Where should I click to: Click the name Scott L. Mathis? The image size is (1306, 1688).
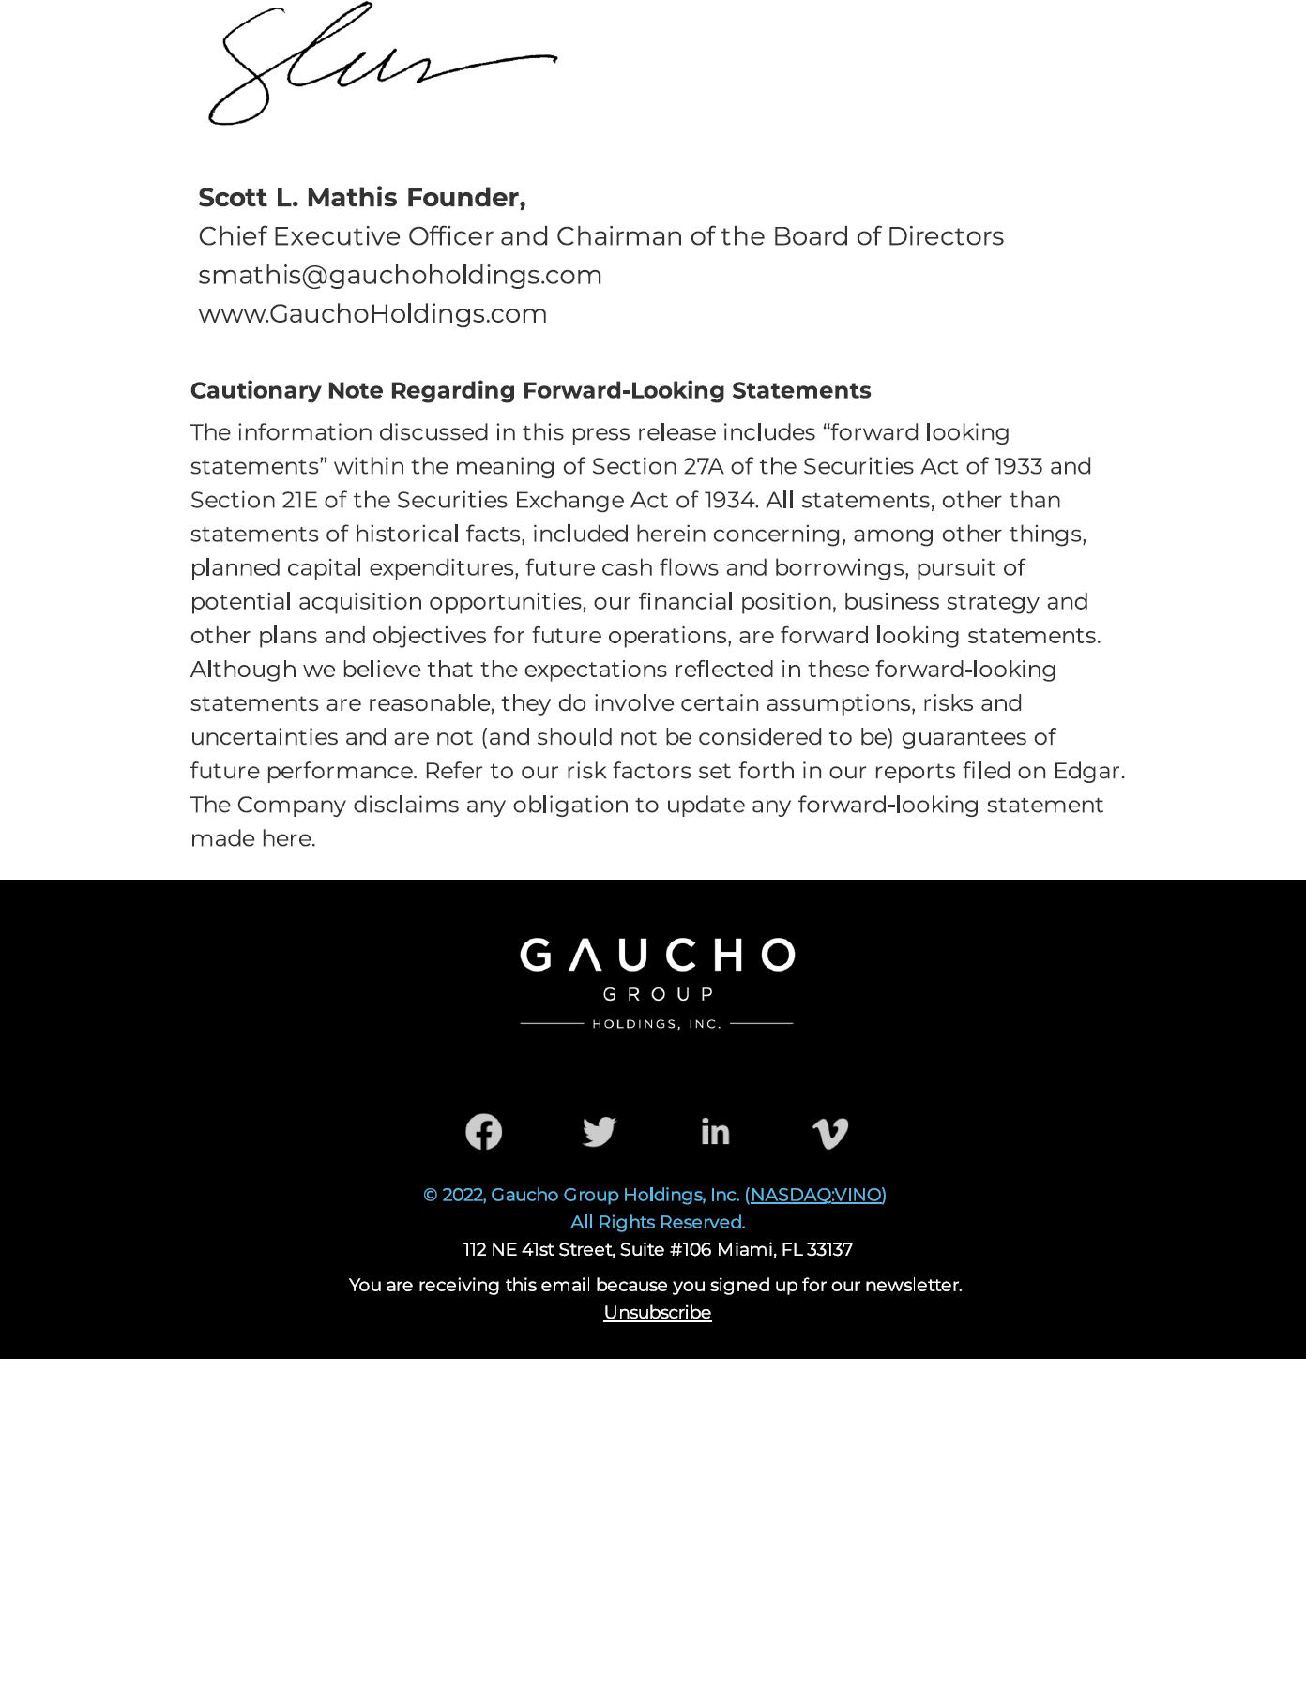pyautogui.click(x=297, y=198)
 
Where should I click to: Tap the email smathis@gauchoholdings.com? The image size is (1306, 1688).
pyautogui.click(x=400, y=275)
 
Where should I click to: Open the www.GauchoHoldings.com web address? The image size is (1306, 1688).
pyautogui.click(x=372, y=313)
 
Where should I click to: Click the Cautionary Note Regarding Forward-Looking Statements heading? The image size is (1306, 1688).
pyautogui.click(x=530, y=390)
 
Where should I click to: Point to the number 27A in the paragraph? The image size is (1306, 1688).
pyautogui.click(x=703, y=466)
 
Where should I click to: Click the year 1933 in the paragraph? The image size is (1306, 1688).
pyautogui.click(x=1018, y=466)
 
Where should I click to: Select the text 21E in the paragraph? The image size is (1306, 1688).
pyautogui.click(x=300, y=500)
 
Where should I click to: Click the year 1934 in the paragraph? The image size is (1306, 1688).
pyautogui.click(x=730, y=500)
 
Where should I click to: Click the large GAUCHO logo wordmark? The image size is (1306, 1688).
pyautogui.click(x=657, y=956)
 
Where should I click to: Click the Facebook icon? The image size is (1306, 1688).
pyautogui.click(x=484, y=1132)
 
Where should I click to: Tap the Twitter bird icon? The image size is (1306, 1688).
pyautogui.click(x=600, y=1132)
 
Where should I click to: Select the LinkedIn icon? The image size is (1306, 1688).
pyautogui.click(x=715, y=1132)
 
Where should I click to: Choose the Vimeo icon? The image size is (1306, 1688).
pyautogui.click(x=830, y=1133)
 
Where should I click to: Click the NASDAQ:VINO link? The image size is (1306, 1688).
pyautogui.click(x=816, y=1195)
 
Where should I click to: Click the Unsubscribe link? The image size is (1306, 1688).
pyautogui.click(x=657, y=1313)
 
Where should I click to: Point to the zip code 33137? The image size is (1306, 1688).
pyautogui.click(x=829, y=1250)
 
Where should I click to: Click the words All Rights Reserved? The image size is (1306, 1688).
pyautogui.click(x=657, y=1222)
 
